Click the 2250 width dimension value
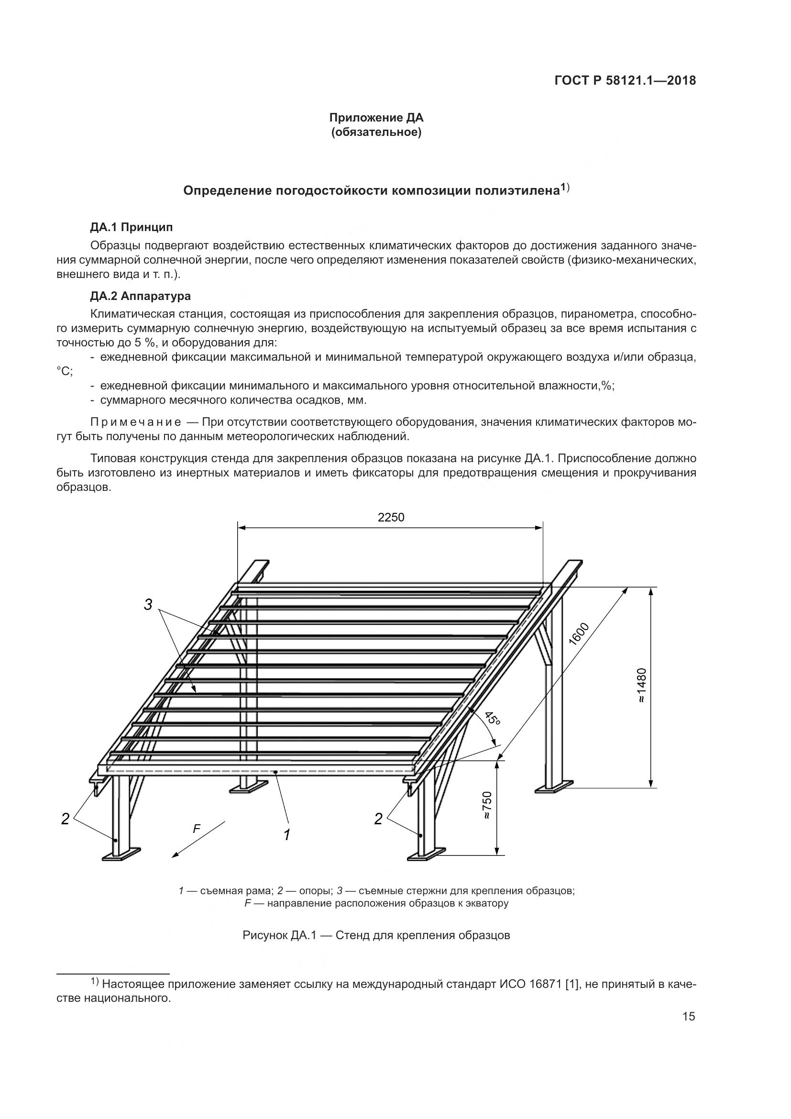pos(391,518)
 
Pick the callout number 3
pos(148,605)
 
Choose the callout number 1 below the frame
pos(287,835)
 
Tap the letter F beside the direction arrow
pos(196,828)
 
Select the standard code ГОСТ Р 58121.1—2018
pos(625,81)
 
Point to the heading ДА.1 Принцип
pos(132,227)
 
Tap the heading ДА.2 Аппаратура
pos(140,296)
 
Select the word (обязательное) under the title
pos(376,133)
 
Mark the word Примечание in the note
pos(136,422)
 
